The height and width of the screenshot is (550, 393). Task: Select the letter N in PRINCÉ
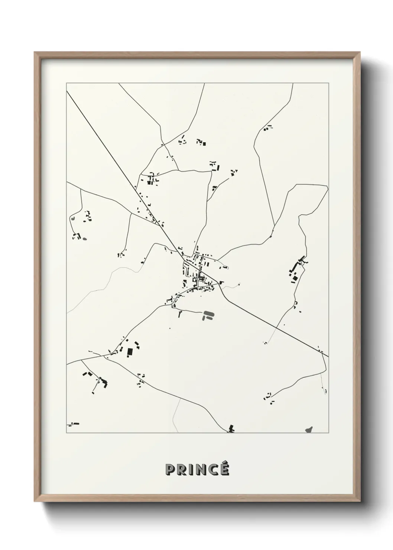tap(201, 470)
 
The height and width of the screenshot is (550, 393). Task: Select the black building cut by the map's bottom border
tap(231, 429)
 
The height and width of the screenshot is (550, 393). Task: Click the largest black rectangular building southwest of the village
tap(130, 352)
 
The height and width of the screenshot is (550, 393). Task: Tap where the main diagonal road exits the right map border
tap(328, 356)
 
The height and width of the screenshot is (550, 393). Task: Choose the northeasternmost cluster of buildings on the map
tap(268, 128)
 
